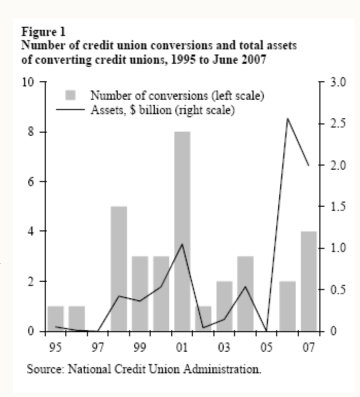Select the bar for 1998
click(119, 268)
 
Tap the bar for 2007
click(309, 281)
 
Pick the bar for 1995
click(56, 318)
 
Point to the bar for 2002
click(203, 318)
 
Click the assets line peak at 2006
click(287, 118)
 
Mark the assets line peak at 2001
click(182, 244)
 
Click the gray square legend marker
click(70, 95)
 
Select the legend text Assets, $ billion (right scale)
click(163, 110)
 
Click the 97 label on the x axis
click(97, 348)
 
